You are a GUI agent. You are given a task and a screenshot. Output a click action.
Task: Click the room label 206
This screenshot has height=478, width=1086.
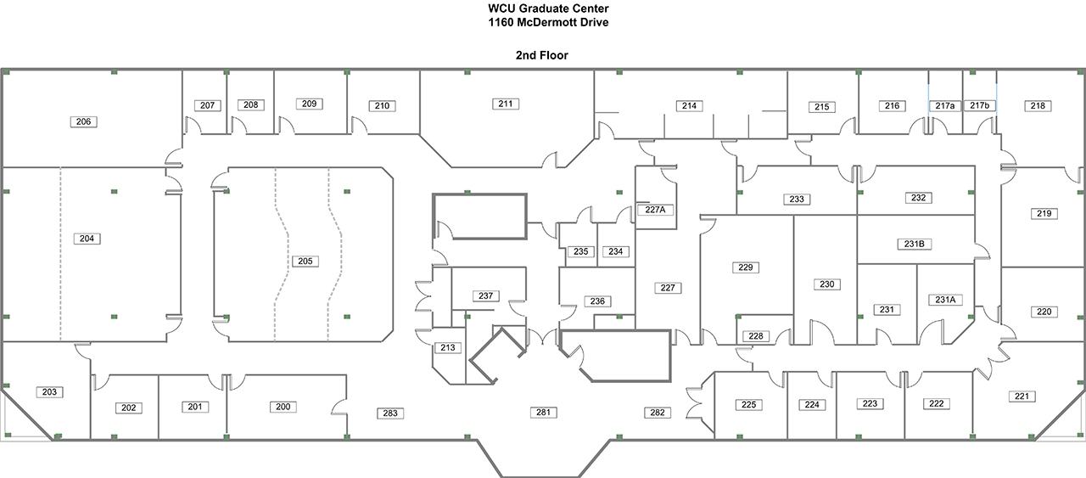[83, 121]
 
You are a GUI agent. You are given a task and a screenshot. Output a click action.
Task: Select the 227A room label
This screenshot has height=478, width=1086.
[654, 210]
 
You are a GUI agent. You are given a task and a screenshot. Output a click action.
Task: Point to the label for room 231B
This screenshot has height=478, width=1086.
[913, 244]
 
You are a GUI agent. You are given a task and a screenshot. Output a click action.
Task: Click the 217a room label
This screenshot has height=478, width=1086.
[945, 105]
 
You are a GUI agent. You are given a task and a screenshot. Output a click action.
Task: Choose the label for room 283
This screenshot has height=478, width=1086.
[390, 413]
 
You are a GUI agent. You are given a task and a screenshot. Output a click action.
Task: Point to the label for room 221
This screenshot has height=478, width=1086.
[1022, 396]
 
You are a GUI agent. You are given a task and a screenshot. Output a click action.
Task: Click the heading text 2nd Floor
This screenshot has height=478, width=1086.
[541, 55]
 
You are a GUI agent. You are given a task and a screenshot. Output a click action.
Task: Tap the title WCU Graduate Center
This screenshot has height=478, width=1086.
[543, 8]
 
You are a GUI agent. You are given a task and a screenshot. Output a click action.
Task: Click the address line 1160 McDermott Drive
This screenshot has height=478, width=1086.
[543, 22]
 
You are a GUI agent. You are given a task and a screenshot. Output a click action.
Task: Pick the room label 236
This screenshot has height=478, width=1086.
[597, 301]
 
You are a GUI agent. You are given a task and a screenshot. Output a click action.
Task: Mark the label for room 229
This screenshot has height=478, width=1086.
[745, 267]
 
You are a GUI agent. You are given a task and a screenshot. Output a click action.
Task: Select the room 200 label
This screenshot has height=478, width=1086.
[283, 407]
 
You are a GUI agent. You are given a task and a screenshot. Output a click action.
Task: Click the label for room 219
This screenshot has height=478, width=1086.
[1044, 213]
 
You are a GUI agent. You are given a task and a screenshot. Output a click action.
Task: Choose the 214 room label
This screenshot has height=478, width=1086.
[689, 105]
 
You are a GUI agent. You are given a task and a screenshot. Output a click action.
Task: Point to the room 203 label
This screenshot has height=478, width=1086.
[49, 391]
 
